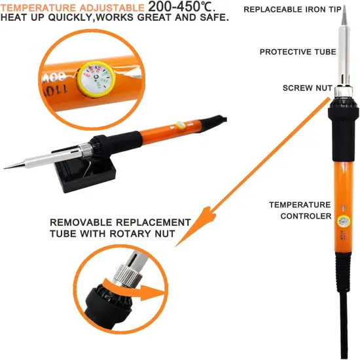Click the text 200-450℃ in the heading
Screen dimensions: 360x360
pyautogui.click(x=190, y=7)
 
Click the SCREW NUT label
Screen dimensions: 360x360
pyautogui.click(x=304, y=88)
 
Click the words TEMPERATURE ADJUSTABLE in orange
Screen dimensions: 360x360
pyautogui.click(x=73, y=7)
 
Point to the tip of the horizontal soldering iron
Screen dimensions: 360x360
pyautogui.click(x=8, y=167)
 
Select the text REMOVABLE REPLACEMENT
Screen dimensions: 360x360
pyautogui.click(x=120, y=222)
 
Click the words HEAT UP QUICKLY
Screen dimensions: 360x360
pyautogui.click(x=46, y=18)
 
